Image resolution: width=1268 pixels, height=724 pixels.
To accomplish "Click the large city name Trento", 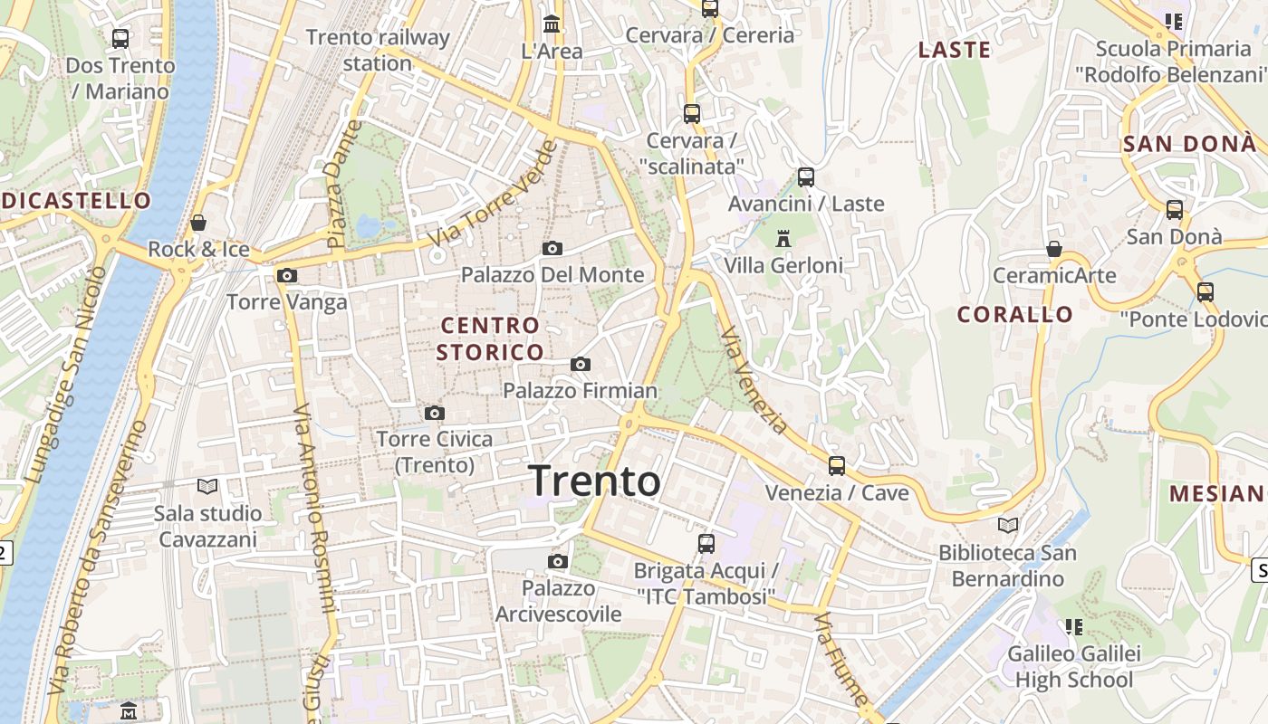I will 595,481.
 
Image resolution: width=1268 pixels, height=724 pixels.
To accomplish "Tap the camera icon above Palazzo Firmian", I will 581,365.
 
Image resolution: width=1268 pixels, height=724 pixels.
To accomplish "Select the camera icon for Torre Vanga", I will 287,276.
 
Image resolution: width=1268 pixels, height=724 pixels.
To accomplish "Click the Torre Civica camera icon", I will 435,414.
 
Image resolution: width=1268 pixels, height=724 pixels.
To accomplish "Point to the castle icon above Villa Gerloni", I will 783,239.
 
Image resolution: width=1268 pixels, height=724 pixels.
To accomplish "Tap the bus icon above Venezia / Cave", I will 837,466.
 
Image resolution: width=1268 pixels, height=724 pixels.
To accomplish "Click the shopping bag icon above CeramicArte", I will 1054,249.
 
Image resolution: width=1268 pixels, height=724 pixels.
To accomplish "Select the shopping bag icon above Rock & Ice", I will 198,223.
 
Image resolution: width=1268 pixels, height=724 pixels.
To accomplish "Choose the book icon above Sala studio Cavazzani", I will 207,487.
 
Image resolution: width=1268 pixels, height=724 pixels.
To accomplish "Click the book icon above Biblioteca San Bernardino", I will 1008,525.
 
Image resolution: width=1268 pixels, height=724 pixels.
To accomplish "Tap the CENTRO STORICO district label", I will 489,338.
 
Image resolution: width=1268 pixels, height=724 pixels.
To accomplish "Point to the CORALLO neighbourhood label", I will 1015,315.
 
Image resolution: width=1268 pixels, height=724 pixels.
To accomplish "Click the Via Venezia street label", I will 754,380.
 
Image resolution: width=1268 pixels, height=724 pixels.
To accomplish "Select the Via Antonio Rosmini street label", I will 312,507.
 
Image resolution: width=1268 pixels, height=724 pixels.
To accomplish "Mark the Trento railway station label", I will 378,51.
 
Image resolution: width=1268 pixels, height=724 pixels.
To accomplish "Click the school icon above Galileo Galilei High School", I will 1074,626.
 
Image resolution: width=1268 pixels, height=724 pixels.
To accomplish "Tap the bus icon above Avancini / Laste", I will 806,177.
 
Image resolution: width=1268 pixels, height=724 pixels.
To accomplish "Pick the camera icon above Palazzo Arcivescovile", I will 558,562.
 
